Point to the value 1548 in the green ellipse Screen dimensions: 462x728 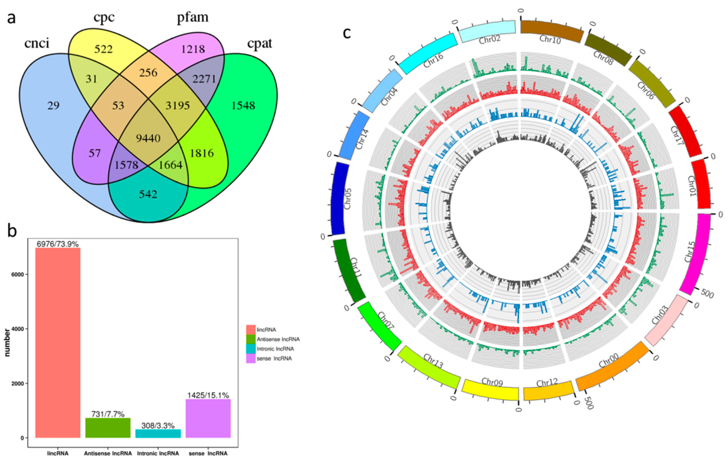[243, 105]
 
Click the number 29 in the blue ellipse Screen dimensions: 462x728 [54, 105]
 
